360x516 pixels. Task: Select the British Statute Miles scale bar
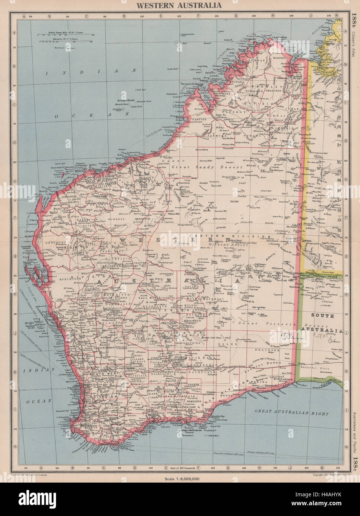(66, 36)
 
